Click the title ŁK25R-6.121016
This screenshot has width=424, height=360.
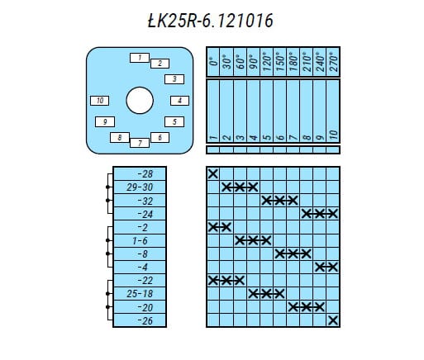211,21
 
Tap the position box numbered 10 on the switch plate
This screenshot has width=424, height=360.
99,101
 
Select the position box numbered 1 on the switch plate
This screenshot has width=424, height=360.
140,58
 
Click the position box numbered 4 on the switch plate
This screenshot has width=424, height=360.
179,101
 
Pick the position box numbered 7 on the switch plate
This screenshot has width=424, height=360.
140,143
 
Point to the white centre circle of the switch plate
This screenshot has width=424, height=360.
140,101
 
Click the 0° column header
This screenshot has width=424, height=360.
213,61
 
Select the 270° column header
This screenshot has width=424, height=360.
333,61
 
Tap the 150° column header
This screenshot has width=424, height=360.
280,61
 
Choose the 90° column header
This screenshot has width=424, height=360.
254,61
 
